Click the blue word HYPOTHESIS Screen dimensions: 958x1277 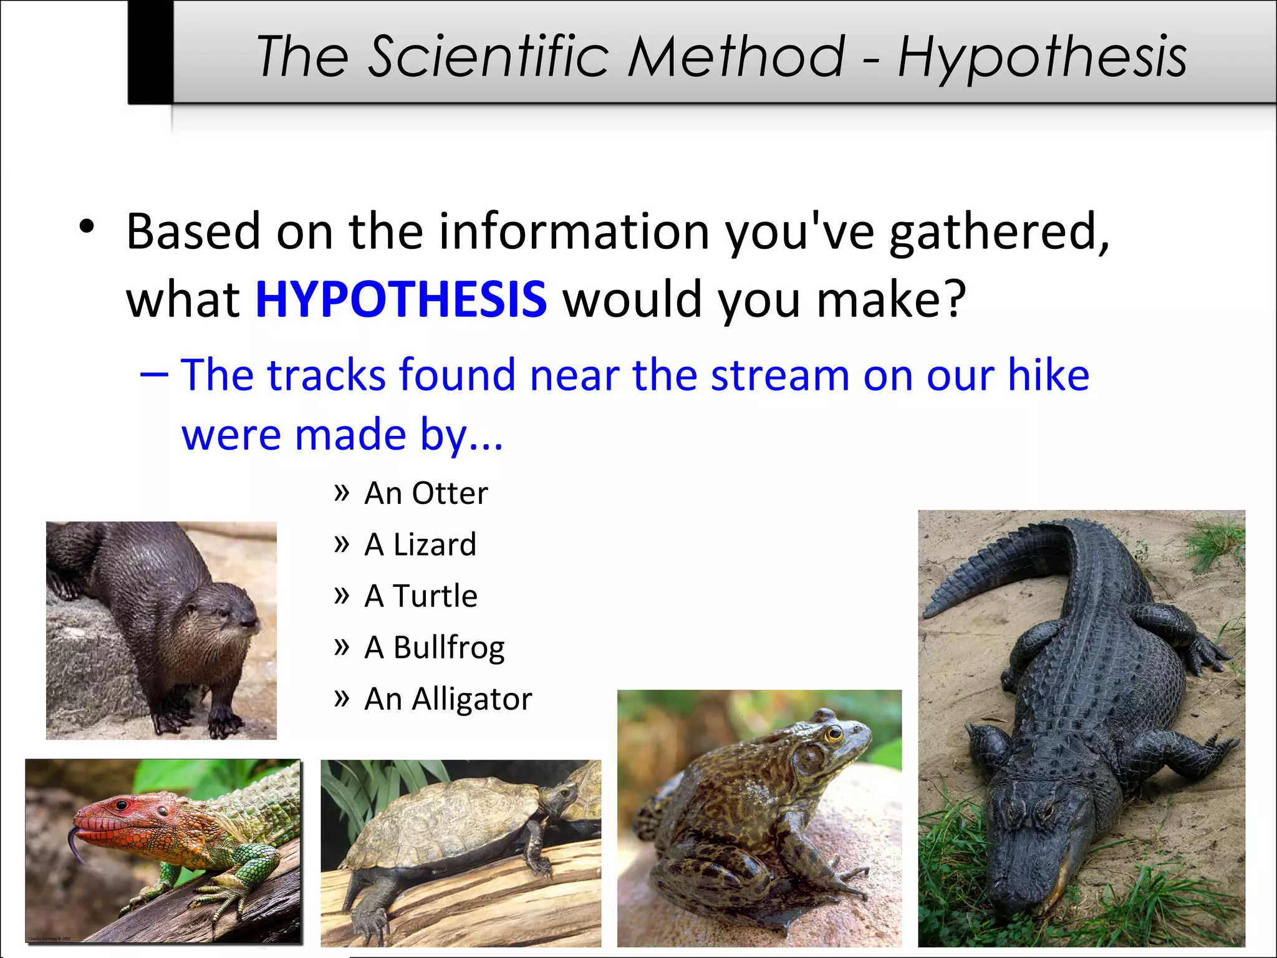tap(401, 299)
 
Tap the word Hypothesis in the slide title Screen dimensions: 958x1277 tap(1042, 57)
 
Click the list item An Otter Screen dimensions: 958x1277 tap(426, 493)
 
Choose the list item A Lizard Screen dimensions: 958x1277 tap(420, 544)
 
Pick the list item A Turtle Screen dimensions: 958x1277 tap(421, 596)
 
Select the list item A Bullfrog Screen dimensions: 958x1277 tap(434, 647)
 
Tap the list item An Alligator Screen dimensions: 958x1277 tap(448, 699)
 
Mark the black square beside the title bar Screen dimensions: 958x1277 tap(150, 51)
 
